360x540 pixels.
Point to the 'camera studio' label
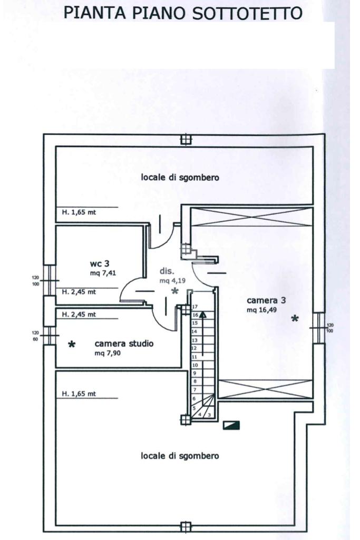pyautogui.click(x=124, y=344)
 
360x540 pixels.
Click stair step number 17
pyautogui.click(x=194, y=306)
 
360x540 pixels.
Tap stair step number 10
pyautogui.click(x=194, y=365)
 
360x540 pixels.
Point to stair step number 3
pyautogui.click(x=210, y=415)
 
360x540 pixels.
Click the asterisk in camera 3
pyautogui.click(x=295, y=318)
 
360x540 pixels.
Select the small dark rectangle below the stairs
pyautogui.click(x=231, y=424)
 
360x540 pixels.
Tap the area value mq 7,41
pyautogui.click(x=101, y=273)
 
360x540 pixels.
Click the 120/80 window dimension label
pyautogui.click(x=36, y=336)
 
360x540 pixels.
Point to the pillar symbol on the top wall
pyautogui.click(x=185, y=140)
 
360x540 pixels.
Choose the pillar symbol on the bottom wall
pyautogui.click(x=185, y=526)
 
